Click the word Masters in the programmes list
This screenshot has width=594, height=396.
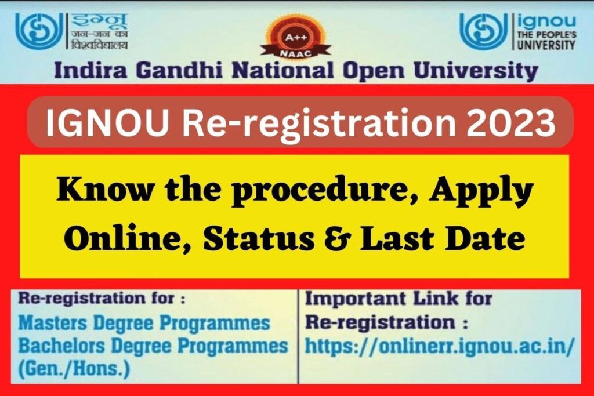(53, 324)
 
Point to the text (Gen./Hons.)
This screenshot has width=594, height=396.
(74, 368)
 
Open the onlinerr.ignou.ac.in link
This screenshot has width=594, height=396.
(440, 346)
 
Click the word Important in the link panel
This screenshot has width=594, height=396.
(357, 299)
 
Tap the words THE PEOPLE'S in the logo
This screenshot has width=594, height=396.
(546, 35)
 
